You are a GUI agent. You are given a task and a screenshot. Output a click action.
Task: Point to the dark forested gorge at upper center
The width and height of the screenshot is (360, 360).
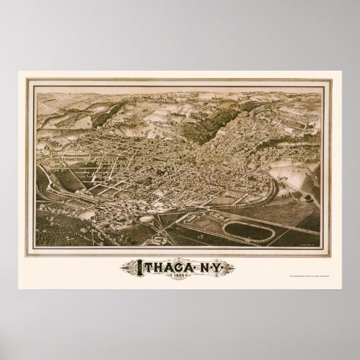(217, 119)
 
